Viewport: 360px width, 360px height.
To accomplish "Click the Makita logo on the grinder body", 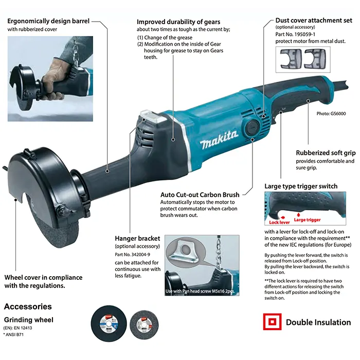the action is pos(219,139).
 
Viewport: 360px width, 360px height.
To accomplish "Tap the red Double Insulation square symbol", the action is pos(272,321).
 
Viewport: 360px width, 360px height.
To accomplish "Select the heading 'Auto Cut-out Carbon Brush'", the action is pos(200,195).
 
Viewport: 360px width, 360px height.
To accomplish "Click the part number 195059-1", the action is pos(304,34).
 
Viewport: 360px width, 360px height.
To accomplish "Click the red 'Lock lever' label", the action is pos(279,222).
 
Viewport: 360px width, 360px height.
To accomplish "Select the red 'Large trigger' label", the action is pos(307,220).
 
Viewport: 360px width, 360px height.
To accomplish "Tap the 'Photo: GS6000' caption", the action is pos(331,114).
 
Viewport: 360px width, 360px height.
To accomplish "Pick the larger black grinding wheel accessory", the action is pos(109,323).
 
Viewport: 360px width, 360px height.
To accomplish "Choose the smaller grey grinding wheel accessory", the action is pos(144,324).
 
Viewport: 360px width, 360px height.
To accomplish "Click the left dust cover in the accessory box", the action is pos(291,59).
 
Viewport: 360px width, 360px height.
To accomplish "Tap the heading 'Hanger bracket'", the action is pos(137,239).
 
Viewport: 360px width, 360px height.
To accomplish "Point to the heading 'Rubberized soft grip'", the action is pos(326,153).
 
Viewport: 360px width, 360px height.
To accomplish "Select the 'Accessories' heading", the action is pos(28,307).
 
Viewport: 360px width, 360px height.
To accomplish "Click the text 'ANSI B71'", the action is pos(14,334).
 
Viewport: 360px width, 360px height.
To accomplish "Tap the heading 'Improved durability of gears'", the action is pos(178,22).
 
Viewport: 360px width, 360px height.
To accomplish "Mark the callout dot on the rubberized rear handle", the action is pos(308,101).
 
